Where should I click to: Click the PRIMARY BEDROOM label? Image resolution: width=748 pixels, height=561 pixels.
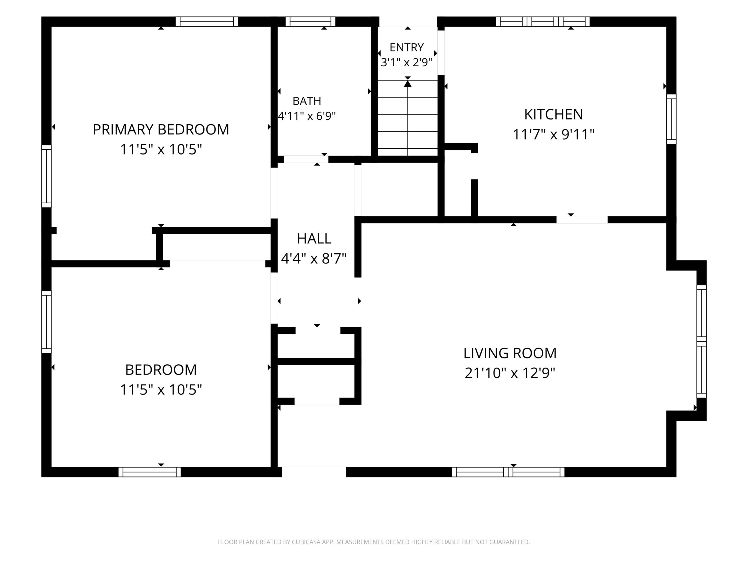pos(161,129)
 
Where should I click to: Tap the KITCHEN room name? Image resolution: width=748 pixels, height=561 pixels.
pos(554,115)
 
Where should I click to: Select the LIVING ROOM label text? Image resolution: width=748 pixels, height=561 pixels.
pos(510,353)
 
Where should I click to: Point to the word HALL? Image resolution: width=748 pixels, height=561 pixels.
pos(314,239)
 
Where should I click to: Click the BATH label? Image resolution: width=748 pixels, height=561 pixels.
pos(307,101)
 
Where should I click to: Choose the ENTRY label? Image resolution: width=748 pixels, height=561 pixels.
pos(406,47)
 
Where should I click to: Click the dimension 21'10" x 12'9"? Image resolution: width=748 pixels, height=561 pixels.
pos(510,373)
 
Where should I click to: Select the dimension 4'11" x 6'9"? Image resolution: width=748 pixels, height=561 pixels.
pos(307,116)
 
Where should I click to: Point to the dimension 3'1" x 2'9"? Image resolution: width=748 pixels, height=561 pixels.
pos(406,62)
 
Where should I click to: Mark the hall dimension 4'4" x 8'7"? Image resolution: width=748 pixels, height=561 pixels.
pos(314,259)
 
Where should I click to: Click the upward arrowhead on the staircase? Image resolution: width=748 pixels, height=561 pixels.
pos(408,84)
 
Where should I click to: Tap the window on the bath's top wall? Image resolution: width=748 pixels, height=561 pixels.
pos(310,22)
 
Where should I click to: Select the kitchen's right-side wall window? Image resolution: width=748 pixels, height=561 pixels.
pos(671,119)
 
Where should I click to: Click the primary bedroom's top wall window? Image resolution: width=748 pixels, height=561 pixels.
pos(207,22)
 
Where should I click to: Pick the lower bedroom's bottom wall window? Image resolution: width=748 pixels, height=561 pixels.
pos(150,472)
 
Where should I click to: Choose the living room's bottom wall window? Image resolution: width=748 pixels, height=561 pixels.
pos(508,472)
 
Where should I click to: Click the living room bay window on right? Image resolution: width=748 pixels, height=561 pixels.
pos(702,342)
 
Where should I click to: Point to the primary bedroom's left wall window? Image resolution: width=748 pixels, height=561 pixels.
pos(46,176)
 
